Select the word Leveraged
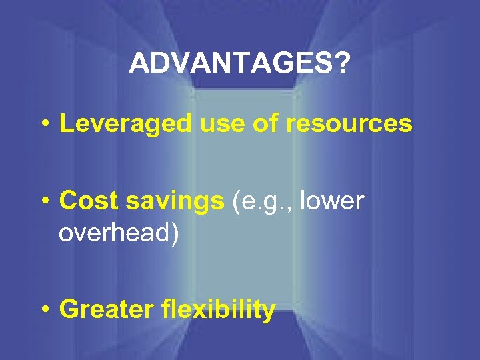point(115,125)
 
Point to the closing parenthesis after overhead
point(174,234)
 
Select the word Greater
point(106,310)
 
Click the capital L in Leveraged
point(65,125)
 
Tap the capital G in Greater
point(67,310)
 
